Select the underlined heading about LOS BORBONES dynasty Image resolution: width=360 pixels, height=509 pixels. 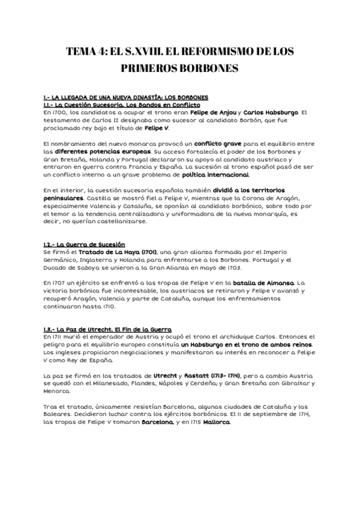pos(126,97)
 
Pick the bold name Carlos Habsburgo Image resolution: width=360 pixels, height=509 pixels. pos(269,112)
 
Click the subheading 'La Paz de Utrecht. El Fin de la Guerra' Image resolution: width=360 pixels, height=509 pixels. pos(107,330)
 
